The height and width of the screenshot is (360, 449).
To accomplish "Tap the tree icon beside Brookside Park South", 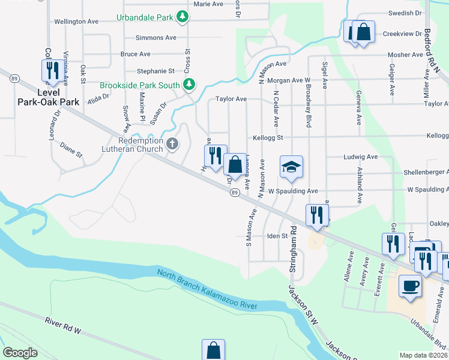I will pos(189,85).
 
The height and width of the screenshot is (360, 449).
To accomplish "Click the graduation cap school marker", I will pos(291,167).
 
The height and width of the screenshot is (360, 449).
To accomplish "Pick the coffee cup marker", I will pos(411,286).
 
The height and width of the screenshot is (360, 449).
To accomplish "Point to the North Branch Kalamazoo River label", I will pos(207,289).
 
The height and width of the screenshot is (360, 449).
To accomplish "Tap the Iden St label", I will pos(278,236).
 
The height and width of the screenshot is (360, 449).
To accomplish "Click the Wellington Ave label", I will pos(76,22).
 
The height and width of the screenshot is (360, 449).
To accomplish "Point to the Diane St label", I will pos(71,149).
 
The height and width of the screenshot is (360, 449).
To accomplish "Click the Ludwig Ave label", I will pos(360,157).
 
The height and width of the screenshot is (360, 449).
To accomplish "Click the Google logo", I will pos(20,353).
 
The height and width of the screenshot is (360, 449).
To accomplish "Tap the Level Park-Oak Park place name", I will pos(49,97).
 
